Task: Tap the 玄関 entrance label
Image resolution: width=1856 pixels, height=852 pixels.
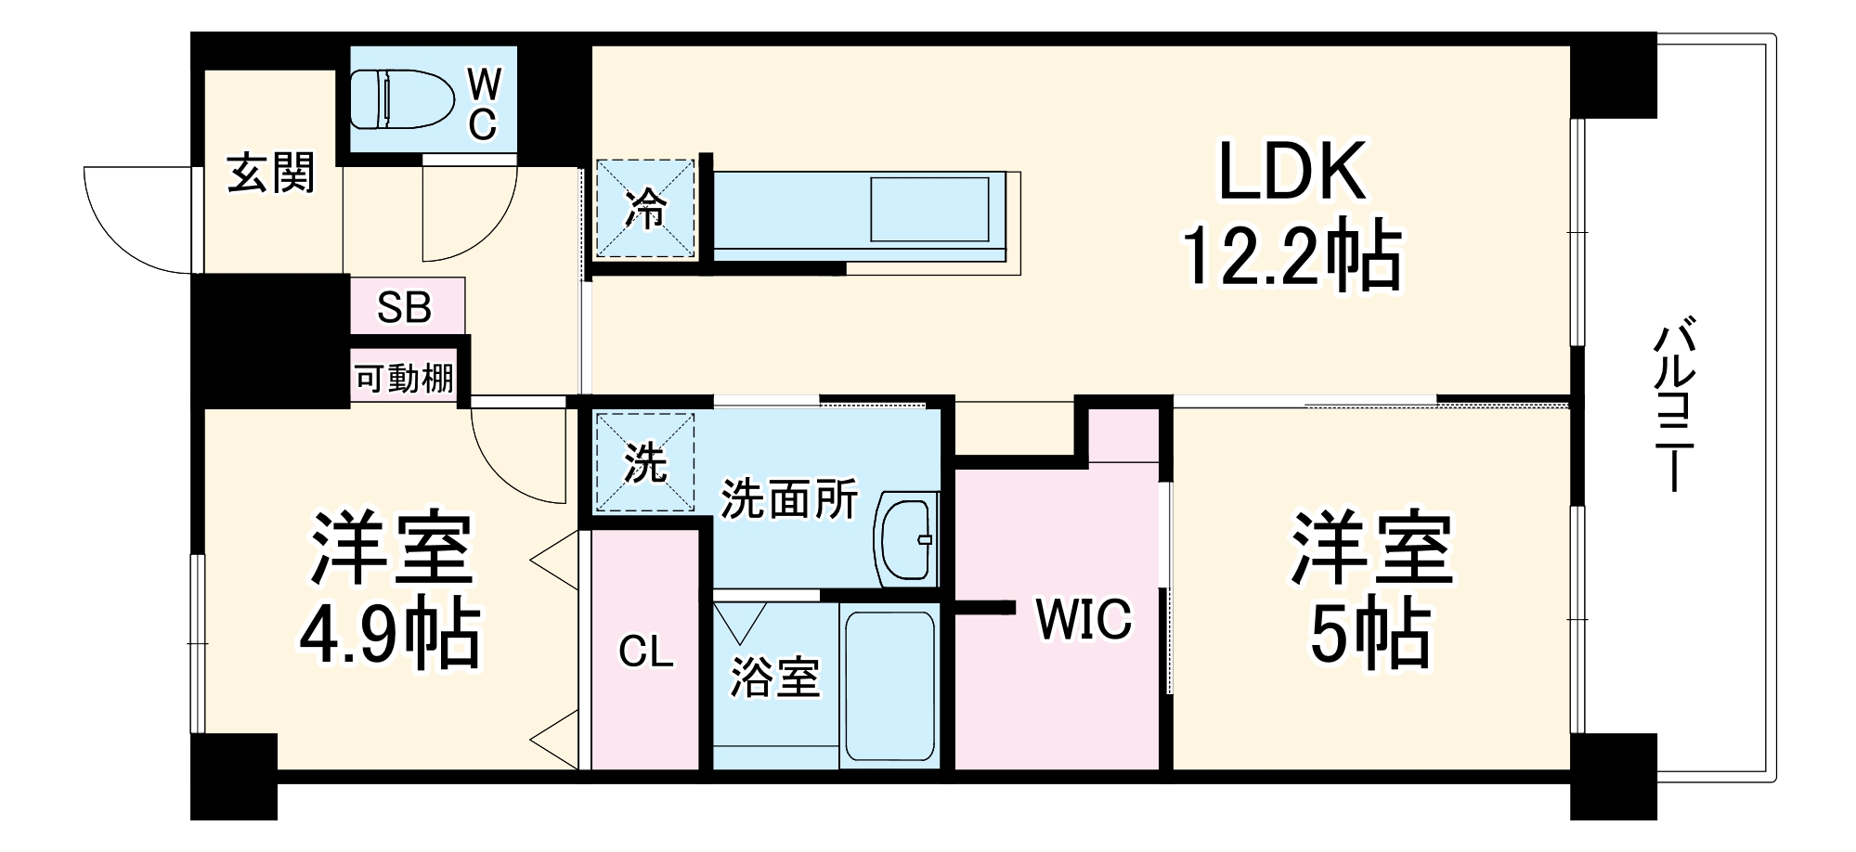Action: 271,174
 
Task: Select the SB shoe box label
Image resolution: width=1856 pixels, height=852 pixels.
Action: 405,307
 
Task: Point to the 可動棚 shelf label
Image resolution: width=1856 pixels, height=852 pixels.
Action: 405,379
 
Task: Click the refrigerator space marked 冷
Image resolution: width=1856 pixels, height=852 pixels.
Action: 645,209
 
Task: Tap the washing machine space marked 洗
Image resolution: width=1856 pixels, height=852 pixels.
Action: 645,461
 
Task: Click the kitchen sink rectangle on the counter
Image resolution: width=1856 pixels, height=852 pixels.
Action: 928,210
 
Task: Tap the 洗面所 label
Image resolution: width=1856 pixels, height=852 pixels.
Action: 789,499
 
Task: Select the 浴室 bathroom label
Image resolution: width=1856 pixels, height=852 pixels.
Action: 774,678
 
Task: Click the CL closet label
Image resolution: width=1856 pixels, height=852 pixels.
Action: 645,652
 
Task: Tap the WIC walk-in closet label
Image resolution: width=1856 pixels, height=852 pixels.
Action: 1084,619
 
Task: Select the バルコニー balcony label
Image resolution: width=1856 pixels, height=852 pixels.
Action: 1674,404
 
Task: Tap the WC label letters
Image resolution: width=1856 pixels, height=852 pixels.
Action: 483,104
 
